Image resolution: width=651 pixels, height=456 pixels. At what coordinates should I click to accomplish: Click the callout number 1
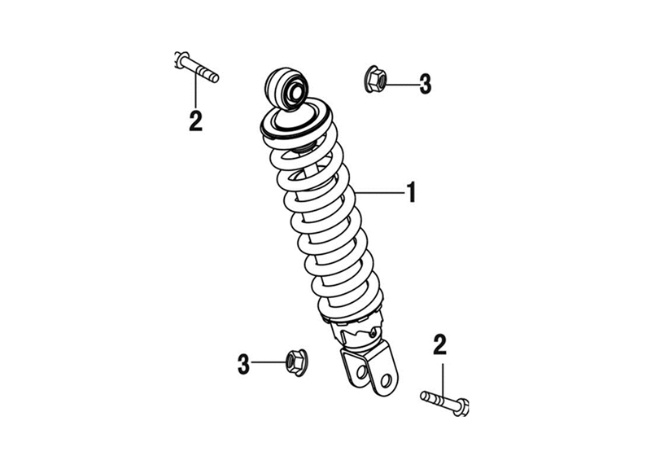tap(411, 192)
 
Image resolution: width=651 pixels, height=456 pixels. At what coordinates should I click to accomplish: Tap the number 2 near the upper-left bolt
tap(195, 121)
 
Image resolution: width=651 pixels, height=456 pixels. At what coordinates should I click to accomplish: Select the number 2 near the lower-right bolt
tap(439, 344)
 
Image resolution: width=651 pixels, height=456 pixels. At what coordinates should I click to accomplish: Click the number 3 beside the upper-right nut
tap(425, 85)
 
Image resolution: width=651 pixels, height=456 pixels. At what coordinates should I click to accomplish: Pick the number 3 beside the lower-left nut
tap(243, 364)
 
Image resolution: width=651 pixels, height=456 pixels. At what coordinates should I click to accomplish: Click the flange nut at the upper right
tap(375, 79)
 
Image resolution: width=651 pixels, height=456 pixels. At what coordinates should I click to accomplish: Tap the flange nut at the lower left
tap(296, 362)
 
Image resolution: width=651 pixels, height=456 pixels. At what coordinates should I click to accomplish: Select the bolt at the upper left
tap(196, 67)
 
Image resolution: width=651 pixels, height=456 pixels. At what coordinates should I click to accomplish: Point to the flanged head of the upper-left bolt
tap(180, 60)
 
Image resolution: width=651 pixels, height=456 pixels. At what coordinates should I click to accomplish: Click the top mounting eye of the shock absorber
tap(287, 89)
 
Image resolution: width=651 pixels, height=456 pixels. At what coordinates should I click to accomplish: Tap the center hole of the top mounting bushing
tap(295, 92)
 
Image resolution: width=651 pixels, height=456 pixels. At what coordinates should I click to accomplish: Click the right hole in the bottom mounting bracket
tap(386, 380)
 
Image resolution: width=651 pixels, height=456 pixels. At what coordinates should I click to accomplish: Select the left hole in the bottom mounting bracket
tap(362, 371)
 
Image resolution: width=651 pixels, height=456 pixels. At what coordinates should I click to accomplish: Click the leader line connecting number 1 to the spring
tap(379, 193)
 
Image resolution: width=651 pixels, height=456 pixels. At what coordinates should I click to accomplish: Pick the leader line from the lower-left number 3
tap(269, 362)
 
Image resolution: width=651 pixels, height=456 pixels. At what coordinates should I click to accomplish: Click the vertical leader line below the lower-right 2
tap(443, 382)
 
